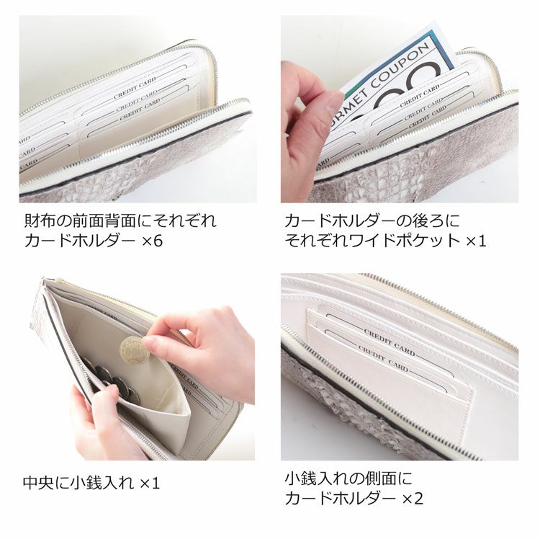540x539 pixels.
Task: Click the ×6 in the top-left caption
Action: [x=153, y=240]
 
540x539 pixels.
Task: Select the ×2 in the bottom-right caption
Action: [x=414, y=498]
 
